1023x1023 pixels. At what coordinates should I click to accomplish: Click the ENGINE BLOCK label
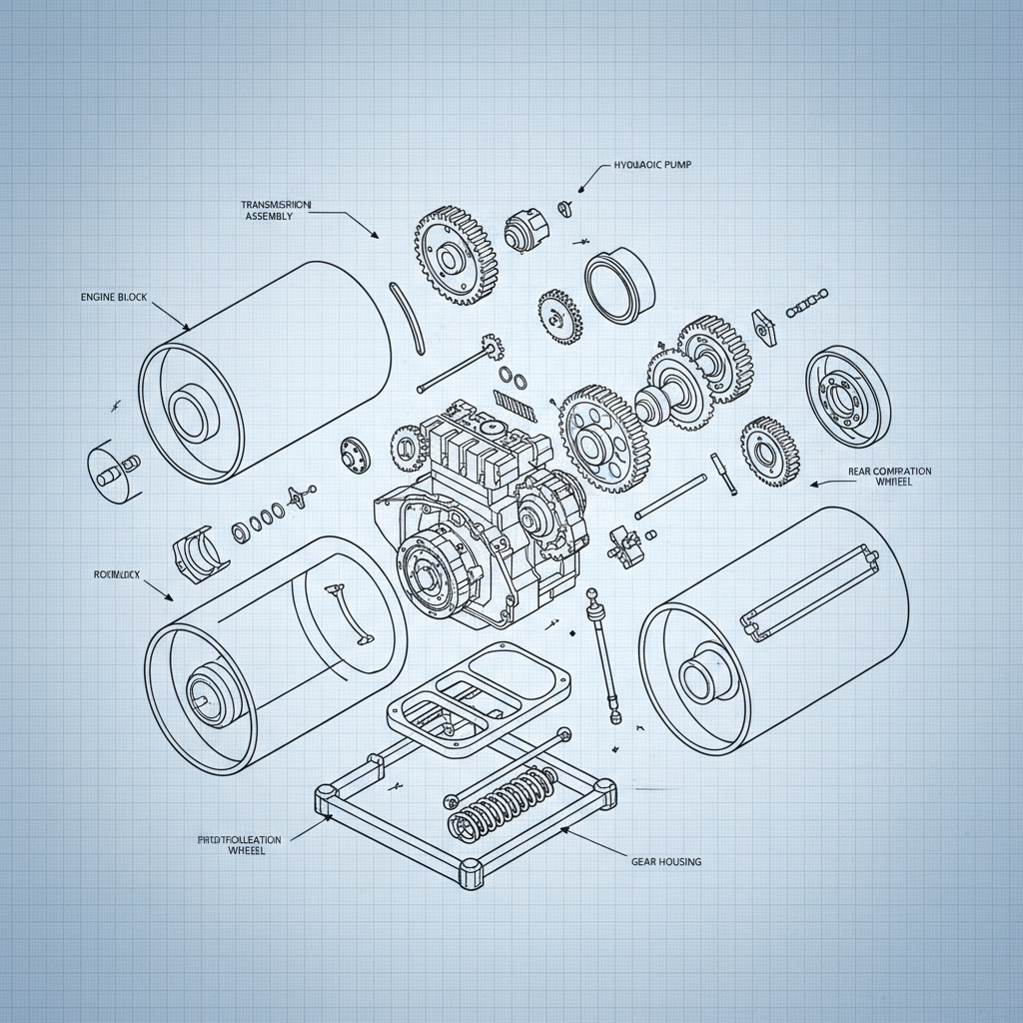coord(112,298)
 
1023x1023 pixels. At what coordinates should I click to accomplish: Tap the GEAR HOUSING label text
coord(666,860)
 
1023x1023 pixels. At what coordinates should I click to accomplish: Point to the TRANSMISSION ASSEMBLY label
coord(277,210)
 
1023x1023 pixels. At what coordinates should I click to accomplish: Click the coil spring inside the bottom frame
coord(500,800)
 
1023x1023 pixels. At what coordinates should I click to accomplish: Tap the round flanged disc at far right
coord(847,397)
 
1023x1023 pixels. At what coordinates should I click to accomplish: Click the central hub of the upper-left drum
coord(189,411)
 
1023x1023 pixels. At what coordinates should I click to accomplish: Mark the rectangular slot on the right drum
coord(811,590)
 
